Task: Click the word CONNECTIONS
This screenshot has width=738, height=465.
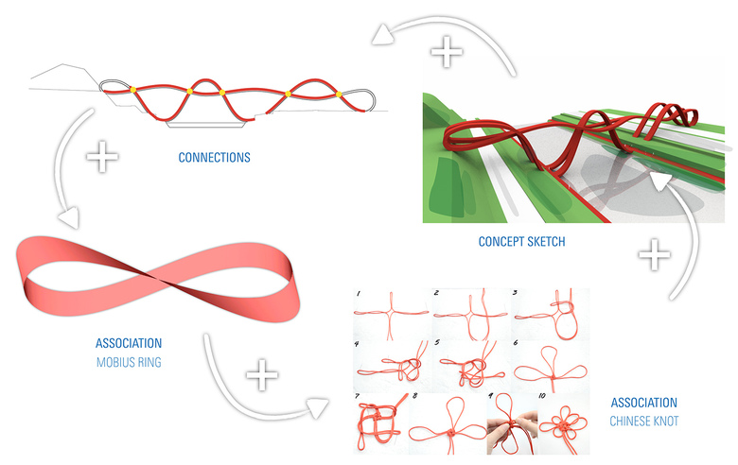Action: point(214,158)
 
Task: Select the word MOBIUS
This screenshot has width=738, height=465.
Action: point(114,360)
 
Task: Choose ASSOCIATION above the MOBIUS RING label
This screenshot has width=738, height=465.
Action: point(129,343)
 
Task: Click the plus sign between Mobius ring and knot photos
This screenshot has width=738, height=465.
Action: point(263,376)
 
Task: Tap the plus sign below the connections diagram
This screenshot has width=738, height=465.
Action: point(101,155)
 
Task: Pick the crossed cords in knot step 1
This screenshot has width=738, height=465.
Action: point(388,312)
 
